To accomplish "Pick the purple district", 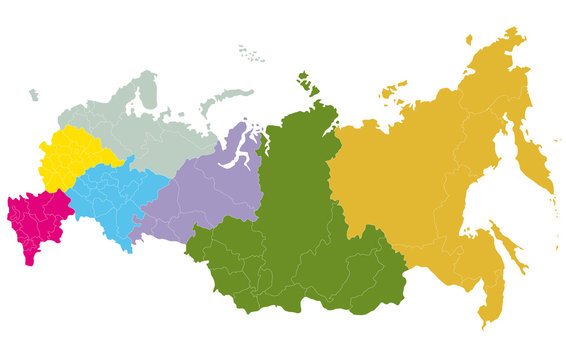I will click(x=205, y=190).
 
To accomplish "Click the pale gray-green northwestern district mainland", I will click(x=150, y=125).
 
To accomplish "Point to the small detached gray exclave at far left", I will click(x=33, y=95).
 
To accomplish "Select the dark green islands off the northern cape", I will click(x=306, y=83).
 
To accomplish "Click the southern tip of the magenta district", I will click(x=27, y=262).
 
